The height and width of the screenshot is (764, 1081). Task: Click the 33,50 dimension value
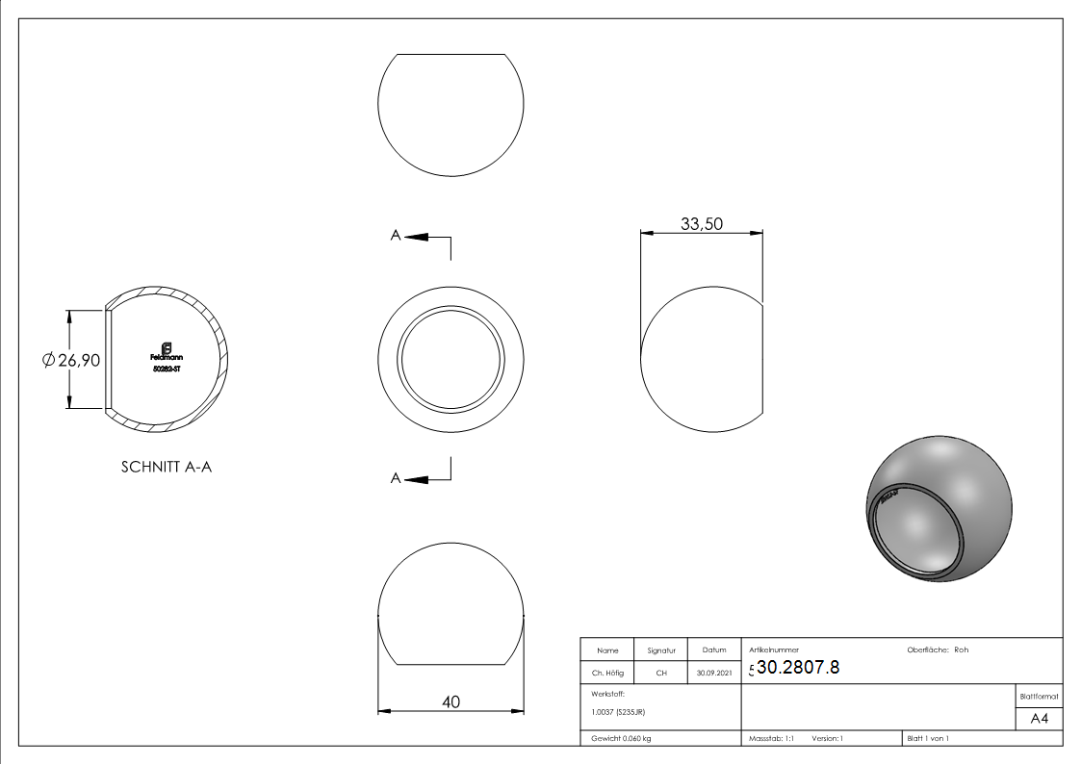[702, 224]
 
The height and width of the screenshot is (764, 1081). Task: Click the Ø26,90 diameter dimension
[71, 360]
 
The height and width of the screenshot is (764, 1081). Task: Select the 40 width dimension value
[450, 702]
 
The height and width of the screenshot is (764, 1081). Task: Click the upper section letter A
[395, 235]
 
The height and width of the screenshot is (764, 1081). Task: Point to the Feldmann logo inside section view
[167, 351]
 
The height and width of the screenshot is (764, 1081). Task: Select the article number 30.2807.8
[798, 668]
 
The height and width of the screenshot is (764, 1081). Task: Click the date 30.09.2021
[714, 674]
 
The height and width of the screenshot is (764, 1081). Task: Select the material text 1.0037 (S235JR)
[618, 712]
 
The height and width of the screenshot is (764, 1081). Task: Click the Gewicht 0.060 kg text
[622, 739]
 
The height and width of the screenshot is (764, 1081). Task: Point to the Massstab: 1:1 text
[771, 739]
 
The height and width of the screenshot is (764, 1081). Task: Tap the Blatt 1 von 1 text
[928, 739]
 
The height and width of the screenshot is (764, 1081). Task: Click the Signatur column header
[661, 650]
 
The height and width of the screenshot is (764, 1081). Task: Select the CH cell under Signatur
[661, 674]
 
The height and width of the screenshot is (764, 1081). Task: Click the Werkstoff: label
[608, 693]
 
